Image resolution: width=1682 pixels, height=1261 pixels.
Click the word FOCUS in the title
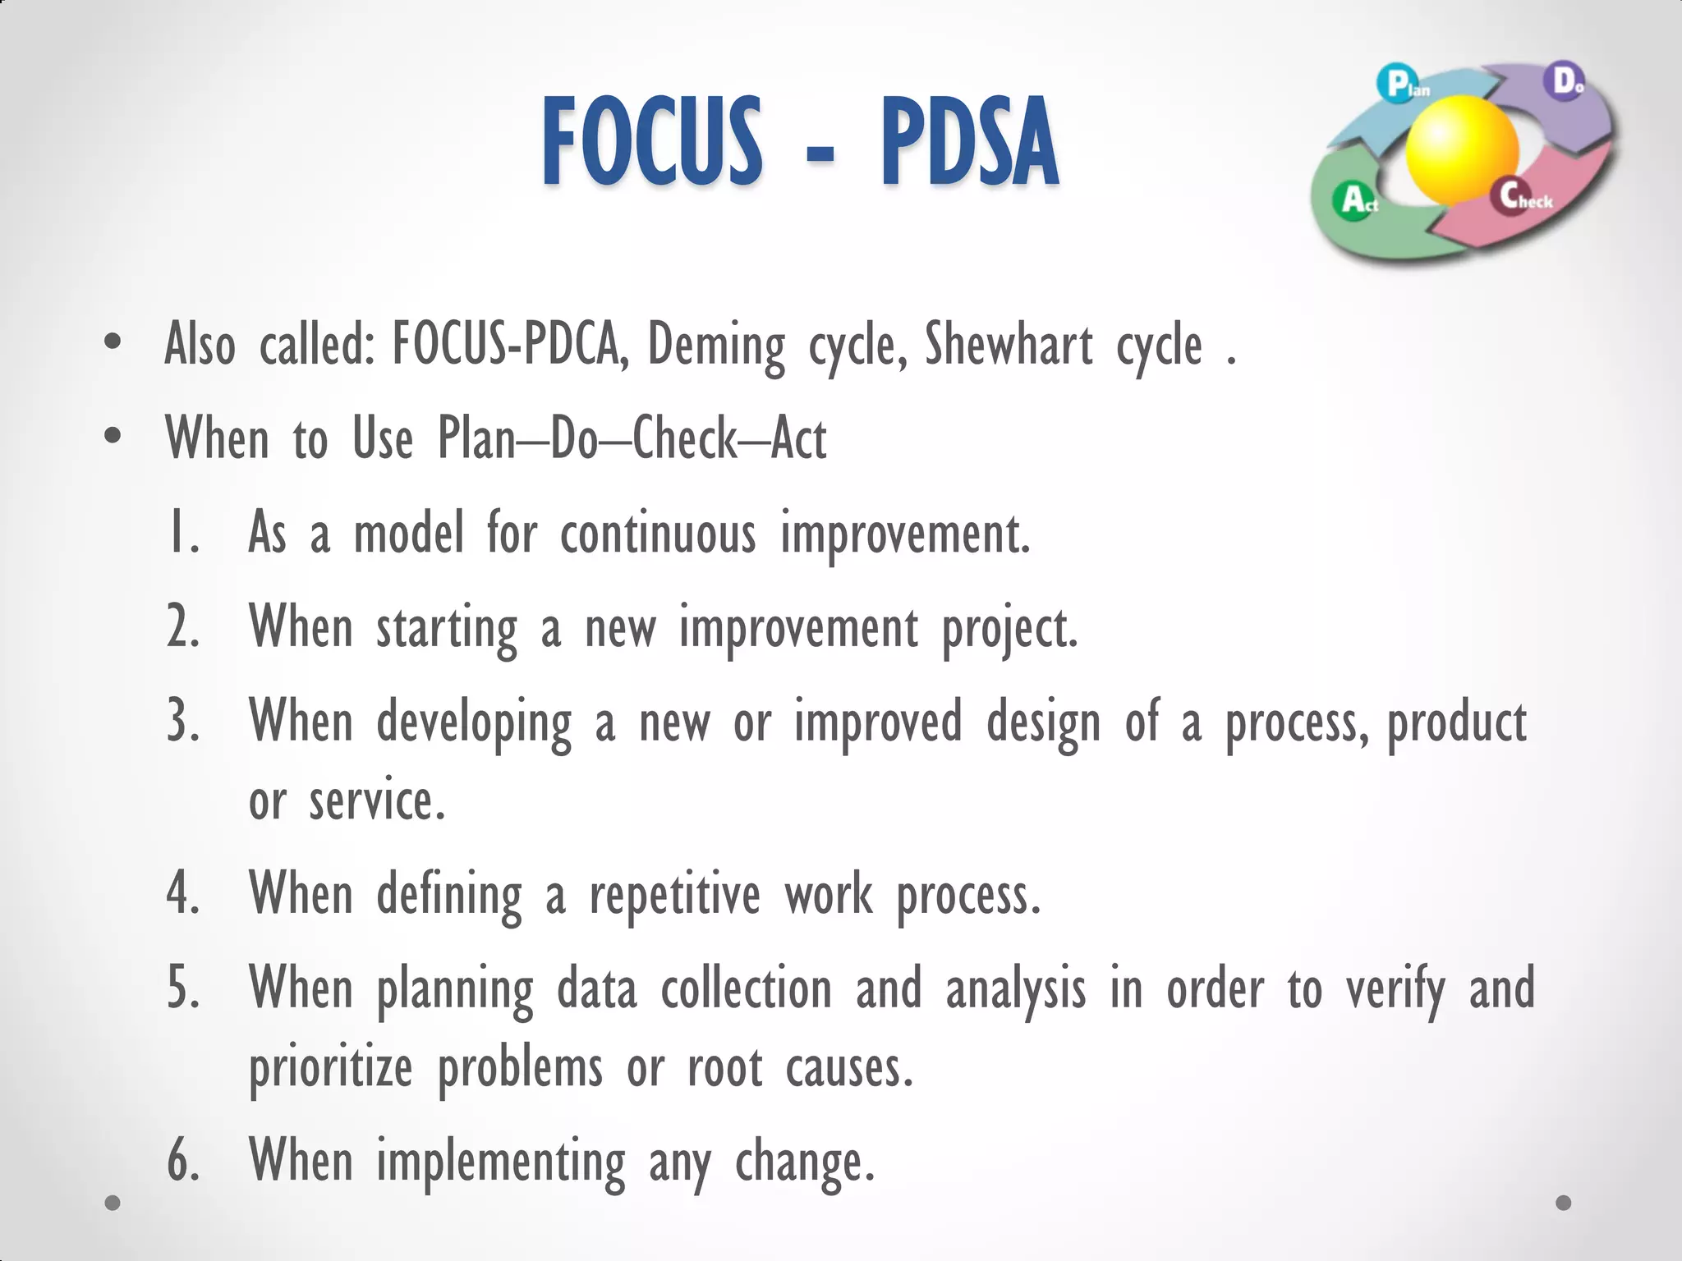(x=651, y=141)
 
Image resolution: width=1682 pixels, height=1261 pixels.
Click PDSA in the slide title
(x=969, y=141)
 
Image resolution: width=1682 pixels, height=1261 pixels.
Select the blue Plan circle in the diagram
(x=1397, y=84)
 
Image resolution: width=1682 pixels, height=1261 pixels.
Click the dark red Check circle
(x=1510, y=196)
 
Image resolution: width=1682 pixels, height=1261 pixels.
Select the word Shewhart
(x=1009, y=344)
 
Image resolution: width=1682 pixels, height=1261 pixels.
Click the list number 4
(x=182, y=894)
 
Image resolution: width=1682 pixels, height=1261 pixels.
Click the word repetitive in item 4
(x=674, y=896)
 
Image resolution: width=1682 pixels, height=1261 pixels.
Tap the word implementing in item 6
(x=500, y=1162)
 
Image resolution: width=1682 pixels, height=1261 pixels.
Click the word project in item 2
(x=1009, y=630)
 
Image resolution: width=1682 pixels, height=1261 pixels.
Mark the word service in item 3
(x=377, y=800)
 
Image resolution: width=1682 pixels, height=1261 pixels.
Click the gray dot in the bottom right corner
(x=1564, y=1203)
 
